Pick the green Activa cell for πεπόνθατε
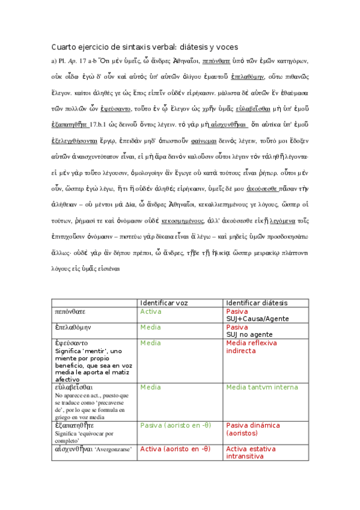151,312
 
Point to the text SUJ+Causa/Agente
257,319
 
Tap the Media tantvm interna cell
259,387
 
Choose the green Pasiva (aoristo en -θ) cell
175,425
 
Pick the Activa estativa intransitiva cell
254,452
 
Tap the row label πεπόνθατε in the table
71,312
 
